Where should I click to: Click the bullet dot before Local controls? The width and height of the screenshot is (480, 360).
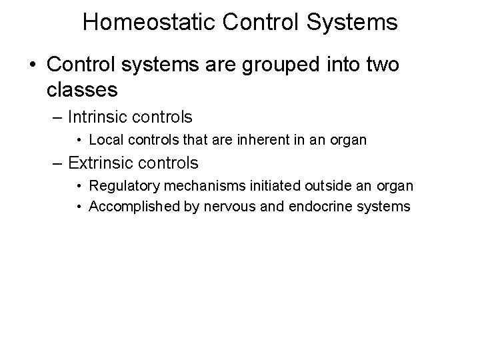click(x=79, y=141)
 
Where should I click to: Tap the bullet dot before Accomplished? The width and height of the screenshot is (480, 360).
click(x=79, y=207)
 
